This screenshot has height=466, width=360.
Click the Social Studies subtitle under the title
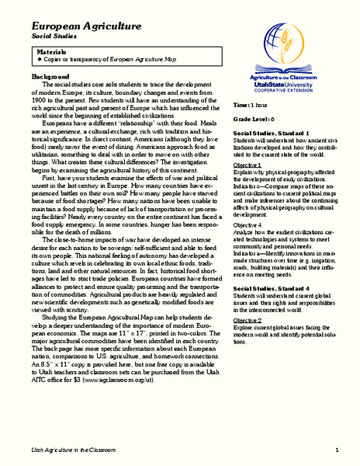(x=53, y=37)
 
